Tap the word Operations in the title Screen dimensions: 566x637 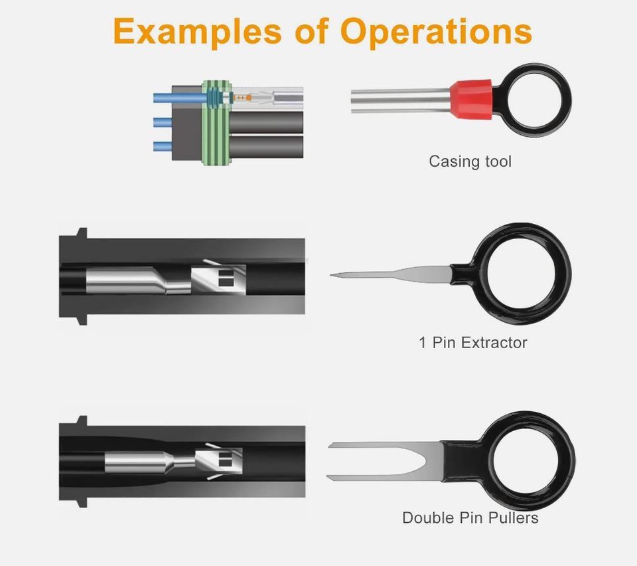click(x=436, y=31)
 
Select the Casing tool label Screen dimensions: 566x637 click(x=470, y=161)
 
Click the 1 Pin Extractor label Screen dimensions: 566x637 click(x=472, y=343)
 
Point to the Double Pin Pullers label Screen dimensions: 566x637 click(x=470, y=518)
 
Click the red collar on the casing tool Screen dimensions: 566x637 click(x=470, y=100)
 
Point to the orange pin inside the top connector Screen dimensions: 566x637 click(x=242, y=98)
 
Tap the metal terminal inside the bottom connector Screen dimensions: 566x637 click(x=166, y=460)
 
